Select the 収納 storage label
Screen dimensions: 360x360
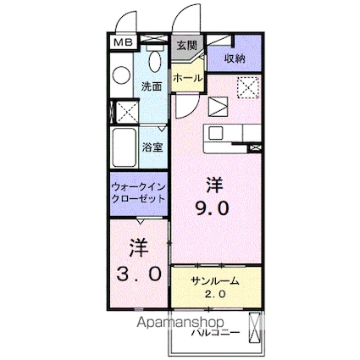235,58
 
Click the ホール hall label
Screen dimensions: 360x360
186,78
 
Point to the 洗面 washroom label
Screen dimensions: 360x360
152,86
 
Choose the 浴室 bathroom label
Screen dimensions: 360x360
152,147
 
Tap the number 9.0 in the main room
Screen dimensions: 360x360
212,206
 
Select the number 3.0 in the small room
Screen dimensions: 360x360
138,274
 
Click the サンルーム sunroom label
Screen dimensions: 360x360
214,281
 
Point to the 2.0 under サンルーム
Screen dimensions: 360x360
214,296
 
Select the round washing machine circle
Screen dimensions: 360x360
121,75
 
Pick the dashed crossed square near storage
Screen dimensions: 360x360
248,86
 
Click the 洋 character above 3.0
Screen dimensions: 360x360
138,249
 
